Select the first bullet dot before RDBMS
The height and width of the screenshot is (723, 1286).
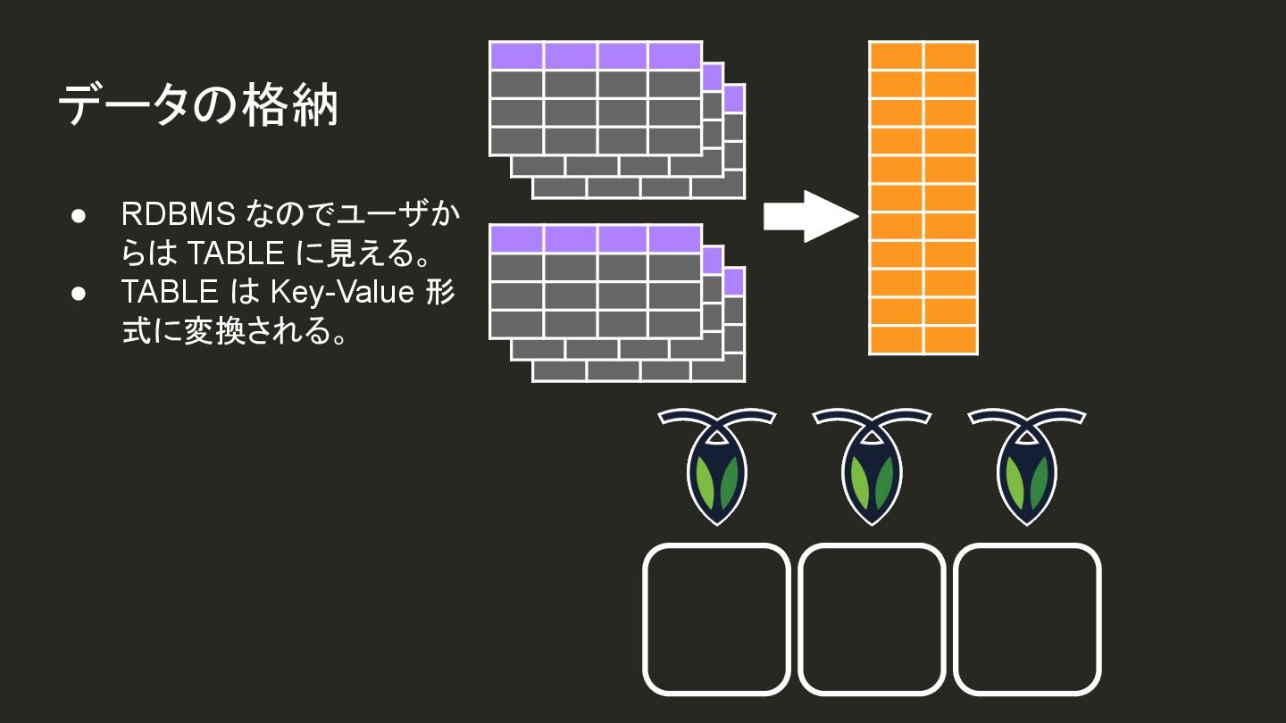point(79,216)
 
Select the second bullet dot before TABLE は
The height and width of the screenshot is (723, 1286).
point(79,293)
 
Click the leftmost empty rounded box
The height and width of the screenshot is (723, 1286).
point(716,619)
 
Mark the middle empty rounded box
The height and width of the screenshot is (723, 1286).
point(872,619)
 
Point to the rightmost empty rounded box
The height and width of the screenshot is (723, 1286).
point(1027,619)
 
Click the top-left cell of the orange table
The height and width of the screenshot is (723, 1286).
point(896,55)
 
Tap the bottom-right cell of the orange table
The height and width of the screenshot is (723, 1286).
point(950,340)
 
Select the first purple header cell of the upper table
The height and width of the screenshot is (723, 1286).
point(516,55)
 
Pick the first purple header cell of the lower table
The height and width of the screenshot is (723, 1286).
point(516,238)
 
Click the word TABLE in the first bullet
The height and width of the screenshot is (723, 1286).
point(236,254)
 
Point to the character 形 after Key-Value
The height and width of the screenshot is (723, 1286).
point(440,292)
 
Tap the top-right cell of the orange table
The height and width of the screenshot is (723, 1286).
point(950,55)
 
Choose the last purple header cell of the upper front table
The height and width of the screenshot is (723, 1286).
point(674,55)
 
